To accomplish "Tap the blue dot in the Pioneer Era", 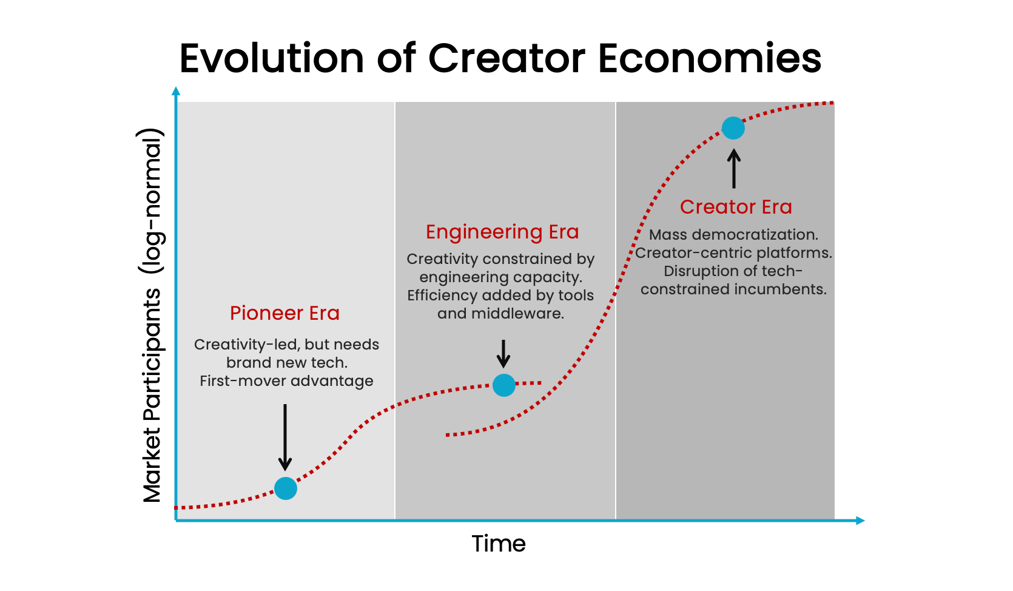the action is point(286,488).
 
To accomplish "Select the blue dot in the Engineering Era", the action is point(504,385).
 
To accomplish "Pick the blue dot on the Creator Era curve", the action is point(733,128).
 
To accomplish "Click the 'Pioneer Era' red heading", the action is point(284,313).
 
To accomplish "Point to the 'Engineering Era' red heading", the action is point(502,232).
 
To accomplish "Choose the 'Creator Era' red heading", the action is point(736,207).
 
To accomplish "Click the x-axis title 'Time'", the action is point(499,544).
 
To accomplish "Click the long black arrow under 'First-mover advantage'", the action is point(285,437).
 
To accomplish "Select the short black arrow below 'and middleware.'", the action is point(503,354).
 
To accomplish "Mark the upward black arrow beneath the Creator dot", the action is point(734,169).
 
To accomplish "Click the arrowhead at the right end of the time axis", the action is point(860,521).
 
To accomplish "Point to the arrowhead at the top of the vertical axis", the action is point(177,91).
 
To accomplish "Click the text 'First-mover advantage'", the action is point(286,381).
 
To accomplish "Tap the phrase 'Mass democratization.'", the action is point(733,235).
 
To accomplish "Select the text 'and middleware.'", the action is point(500,314).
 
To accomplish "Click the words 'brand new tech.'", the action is point(287,363).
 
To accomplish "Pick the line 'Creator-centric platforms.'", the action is point(733,253).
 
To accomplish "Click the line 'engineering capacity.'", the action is point(500,277).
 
